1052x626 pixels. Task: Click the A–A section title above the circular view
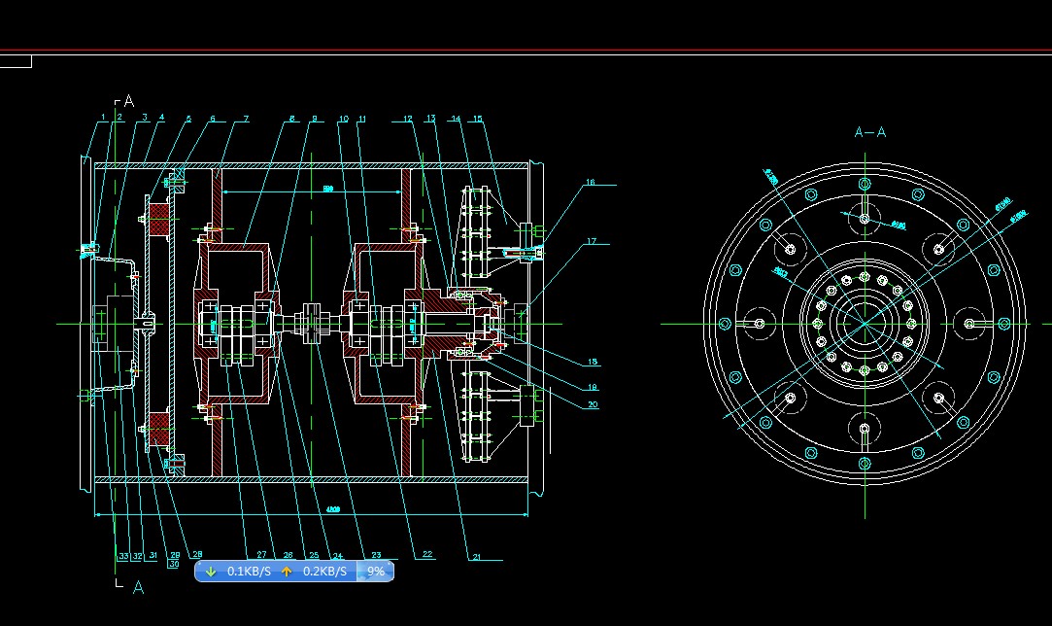(869, 132)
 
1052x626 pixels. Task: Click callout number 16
(589, 183)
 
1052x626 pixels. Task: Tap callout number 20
(592, 404)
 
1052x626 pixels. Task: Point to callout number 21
(476, 557)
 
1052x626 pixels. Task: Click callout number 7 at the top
(246, 119)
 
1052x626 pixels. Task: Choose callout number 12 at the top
(409, 119)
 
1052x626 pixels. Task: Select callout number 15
(477, 119)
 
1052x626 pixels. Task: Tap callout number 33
(123, 556)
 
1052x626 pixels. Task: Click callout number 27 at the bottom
(261, 556)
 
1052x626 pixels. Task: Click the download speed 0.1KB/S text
(249, 572)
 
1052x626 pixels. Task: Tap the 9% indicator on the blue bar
(376, 572)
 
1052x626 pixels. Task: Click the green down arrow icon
(211, 572)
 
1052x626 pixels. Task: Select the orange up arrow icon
(287, 572)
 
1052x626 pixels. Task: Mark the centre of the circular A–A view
(864, 324)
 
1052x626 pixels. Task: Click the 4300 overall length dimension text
(333, 508)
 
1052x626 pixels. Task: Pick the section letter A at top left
(128, 101)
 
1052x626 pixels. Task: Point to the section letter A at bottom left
(138, 587)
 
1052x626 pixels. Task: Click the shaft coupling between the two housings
(312, 323)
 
